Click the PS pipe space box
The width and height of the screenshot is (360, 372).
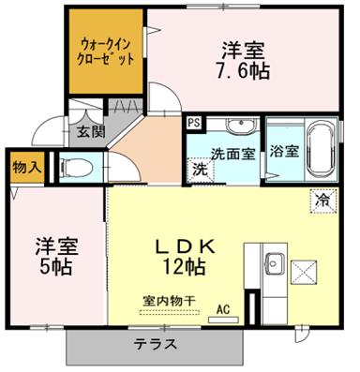194,122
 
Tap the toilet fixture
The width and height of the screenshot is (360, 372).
77,168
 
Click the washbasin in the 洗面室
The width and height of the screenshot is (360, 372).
242,126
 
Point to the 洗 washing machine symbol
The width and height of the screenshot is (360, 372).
200,170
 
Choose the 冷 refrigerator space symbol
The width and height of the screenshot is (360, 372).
323,201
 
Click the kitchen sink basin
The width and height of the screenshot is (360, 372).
274,264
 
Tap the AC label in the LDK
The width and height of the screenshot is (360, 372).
223,309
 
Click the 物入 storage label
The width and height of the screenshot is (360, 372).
26,168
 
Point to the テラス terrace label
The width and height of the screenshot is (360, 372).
156,344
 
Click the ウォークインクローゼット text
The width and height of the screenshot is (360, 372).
107,51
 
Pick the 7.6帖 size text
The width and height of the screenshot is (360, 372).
243,71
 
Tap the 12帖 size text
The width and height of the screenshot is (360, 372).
184,266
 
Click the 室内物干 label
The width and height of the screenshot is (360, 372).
170,301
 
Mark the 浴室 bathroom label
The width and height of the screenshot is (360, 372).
285,152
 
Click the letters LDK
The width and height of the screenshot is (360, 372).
186,247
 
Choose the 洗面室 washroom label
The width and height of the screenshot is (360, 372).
233,154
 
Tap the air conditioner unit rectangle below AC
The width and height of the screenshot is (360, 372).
223,320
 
